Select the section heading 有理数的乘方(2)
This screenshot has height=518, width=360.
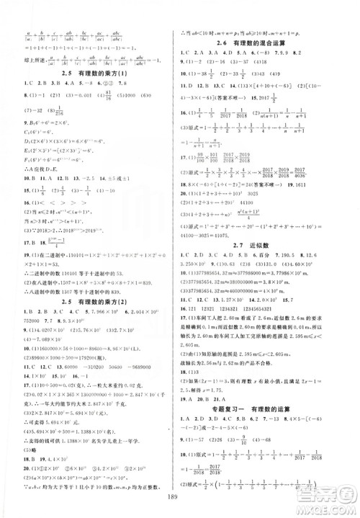(91, 270)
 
